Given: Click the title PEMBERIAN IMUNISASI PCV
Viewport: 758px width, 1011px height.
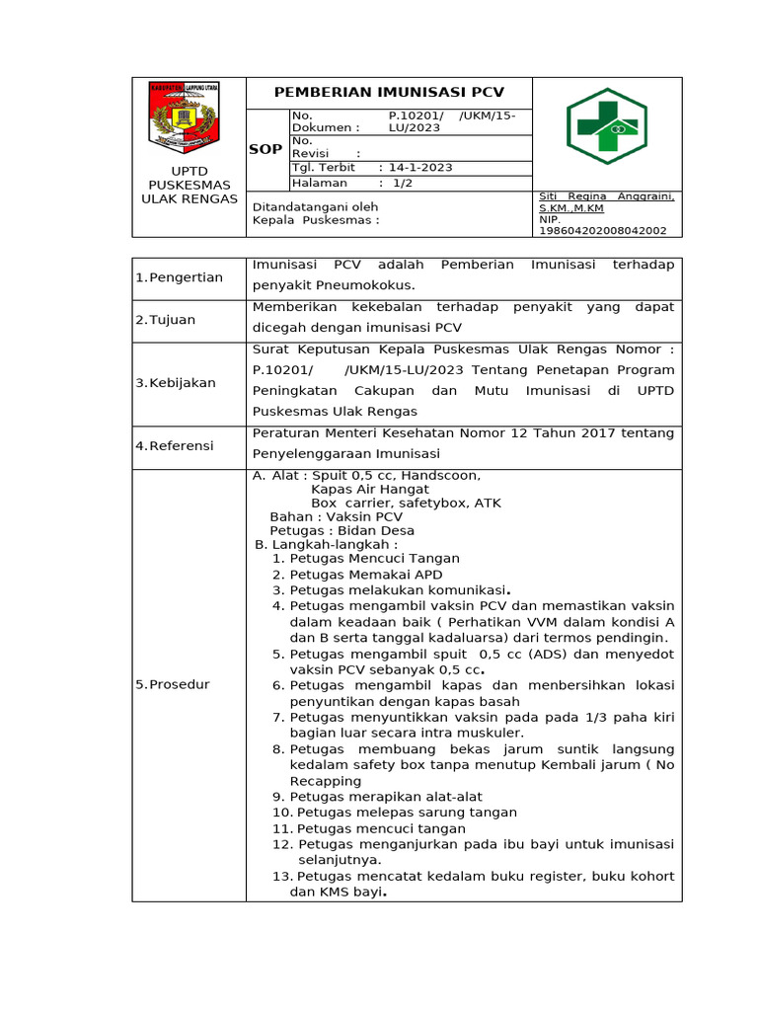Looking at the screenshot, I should [388, 92].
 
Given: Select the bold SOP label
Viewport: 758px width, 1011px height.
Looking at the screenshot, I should [265, 149].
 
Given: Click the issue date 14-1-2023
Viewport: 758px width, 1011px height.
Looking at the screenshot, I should [420, 167].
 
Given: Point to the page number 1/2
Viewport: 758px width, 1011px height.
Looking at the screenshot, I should [403, 183].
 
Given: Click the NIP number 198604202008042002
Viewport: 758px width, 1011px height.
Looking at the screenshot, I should [602, 230].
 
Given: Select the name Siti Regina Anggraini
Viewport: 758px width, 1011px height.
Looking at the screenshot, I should [606, 196].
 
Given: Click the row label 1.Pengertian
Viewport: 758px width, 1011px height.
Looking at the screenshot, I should [180, 277].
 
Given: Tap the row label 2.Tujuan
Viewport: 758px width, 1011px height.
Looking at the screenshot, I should [166, 320].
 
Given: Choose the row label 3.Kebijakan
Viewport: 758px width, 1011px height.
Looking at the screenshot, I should [176, 382].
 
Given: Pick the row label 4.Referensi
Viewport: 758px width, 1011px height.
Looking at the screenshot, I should [175, 446].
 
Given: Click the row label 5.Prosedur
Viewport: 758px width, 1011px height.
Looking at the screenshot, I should [173, 684].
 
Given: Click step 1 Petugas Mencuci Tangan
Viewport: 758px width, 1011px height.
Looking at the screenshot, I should [365, 559].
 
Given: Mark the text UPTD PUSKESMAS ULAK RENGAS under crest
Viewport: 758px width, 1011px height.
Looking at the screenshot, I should [189, 185].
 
